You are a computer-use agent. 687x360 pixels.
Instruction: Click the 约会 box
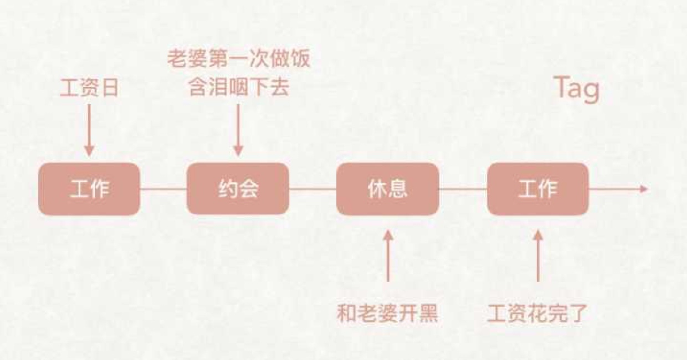click(238, 189)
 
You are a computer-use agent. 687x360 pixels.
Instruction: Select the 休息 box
click(387, 189)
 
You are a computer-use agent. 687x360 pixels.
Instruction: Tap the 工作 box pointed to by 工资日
click(89, 189)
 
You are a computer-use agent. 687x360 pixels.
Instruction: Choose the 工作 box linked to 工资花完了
click(537, 189)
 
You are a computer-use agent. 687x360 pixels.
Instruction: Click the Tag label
click(576, 88)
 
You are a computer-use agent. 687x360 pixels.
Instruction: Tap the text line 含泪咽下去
click(238, 88)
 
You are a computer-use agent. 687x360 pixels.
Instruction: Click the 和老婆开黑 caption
click(387, 314)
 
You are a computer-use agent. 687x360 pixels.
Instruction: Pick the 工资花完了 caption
click(537, 314)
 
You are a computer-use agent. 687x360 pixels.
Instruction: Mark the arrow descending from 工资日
click(89, 130)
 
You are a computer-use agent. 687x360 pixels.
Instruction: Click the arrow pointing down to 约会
click(238, 130)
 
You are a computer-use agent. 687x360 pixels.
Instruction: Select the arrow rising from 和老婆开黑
click(388, 256)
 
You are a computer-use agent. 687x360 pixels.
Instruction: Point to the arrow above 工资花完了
click(537, 256)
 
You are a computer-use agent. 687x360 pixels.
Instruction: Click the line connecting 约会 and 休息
click(312, 189)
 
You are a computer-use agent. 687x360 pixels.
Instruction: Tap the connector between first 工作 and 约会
click(163, 189)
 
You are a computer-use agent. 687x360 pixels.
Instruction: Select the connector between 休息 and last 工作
click(463, 189)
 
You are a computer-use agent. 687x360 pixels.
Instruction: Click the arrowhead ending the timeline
click(643, 189)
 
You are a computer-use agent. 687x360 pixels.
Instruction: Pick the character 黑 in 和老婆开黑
click(428, 314)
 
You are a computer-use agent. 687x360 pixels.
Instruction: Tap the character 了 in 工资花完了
click(577, 314)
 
